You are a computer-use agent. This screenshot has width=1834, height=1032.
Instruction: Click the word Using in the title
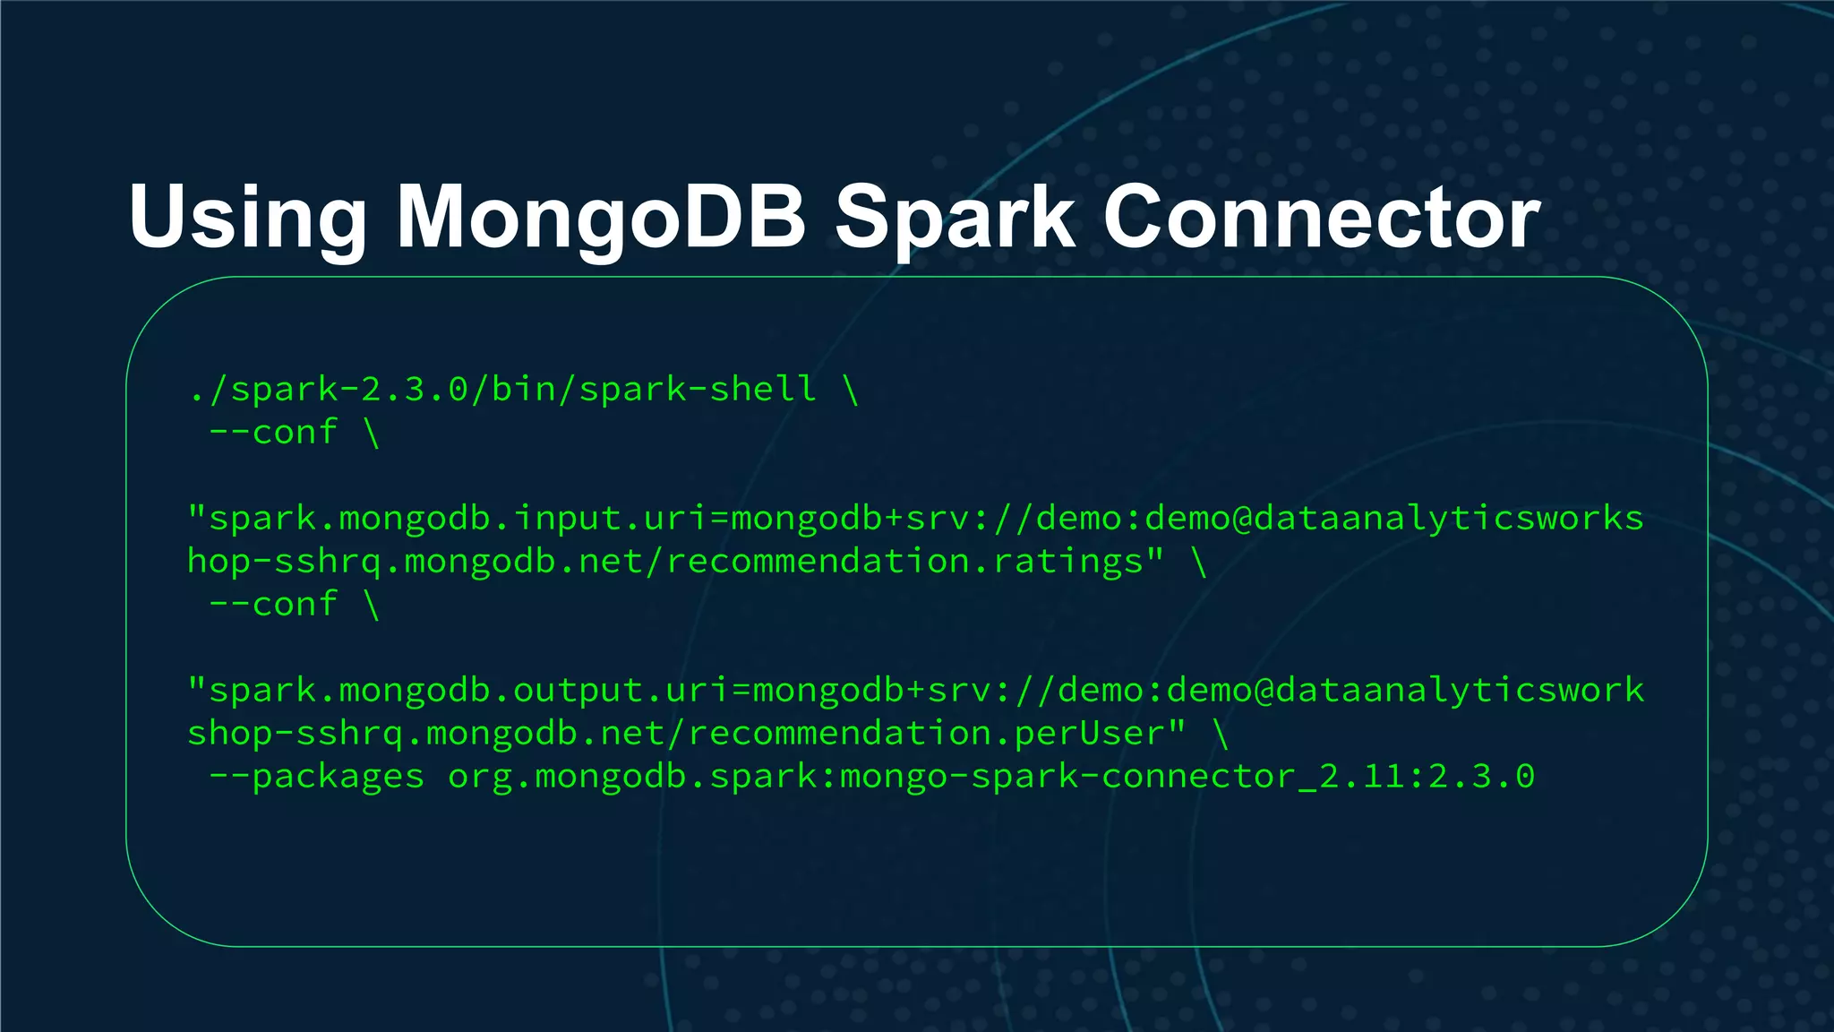[x=247, y=218]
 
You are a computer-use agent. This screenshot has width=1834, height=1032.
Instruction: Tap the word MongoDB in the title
[x=601, y=218]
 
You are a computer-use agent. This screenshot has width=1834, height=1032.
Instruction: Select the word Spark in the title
[x=955, y=218]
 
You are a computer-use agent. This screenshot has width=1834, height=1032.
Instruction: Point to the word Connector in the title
[x=1322, y=218]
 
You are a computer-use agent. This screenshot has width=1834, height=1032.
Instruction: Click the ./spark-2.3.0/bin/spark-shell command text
[x=502, y=390]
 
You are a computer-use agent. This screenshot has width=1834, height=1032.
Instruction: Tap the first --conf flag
[x=273, y=433]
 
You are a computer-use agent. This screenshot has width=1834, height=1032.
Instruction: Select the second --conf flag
[x=273, y=605]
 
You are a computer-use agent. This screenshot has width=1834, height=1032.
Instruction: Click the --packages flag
[x=316, y=777]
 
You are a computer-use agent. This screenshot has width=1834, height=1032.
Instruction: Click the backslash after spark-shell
[x=851, y=390]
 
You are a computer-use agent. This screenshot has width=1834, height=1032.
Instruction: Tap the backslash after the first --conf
[x=372, y=433]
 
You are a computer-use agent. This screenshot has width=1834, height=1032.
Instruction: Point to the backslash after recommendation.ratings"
[x=1199, y=562]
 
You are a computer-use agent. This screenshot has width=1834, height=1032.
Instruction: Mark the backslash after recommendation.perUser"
[x=1221, y=734]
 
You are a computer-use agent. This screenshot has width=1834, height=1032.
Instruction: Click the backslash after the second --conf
[x=372, y=605]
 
